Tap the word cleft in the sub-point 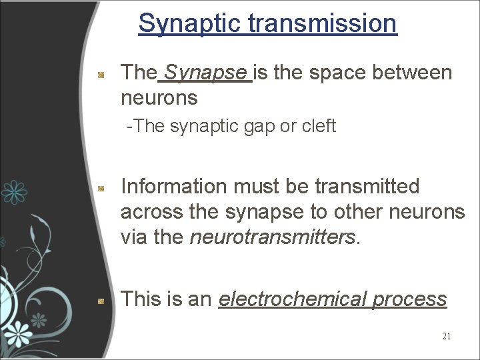[x=319, y=126]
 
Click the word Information [x=175, y=187]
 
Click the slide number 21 [x=446, y=336]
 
